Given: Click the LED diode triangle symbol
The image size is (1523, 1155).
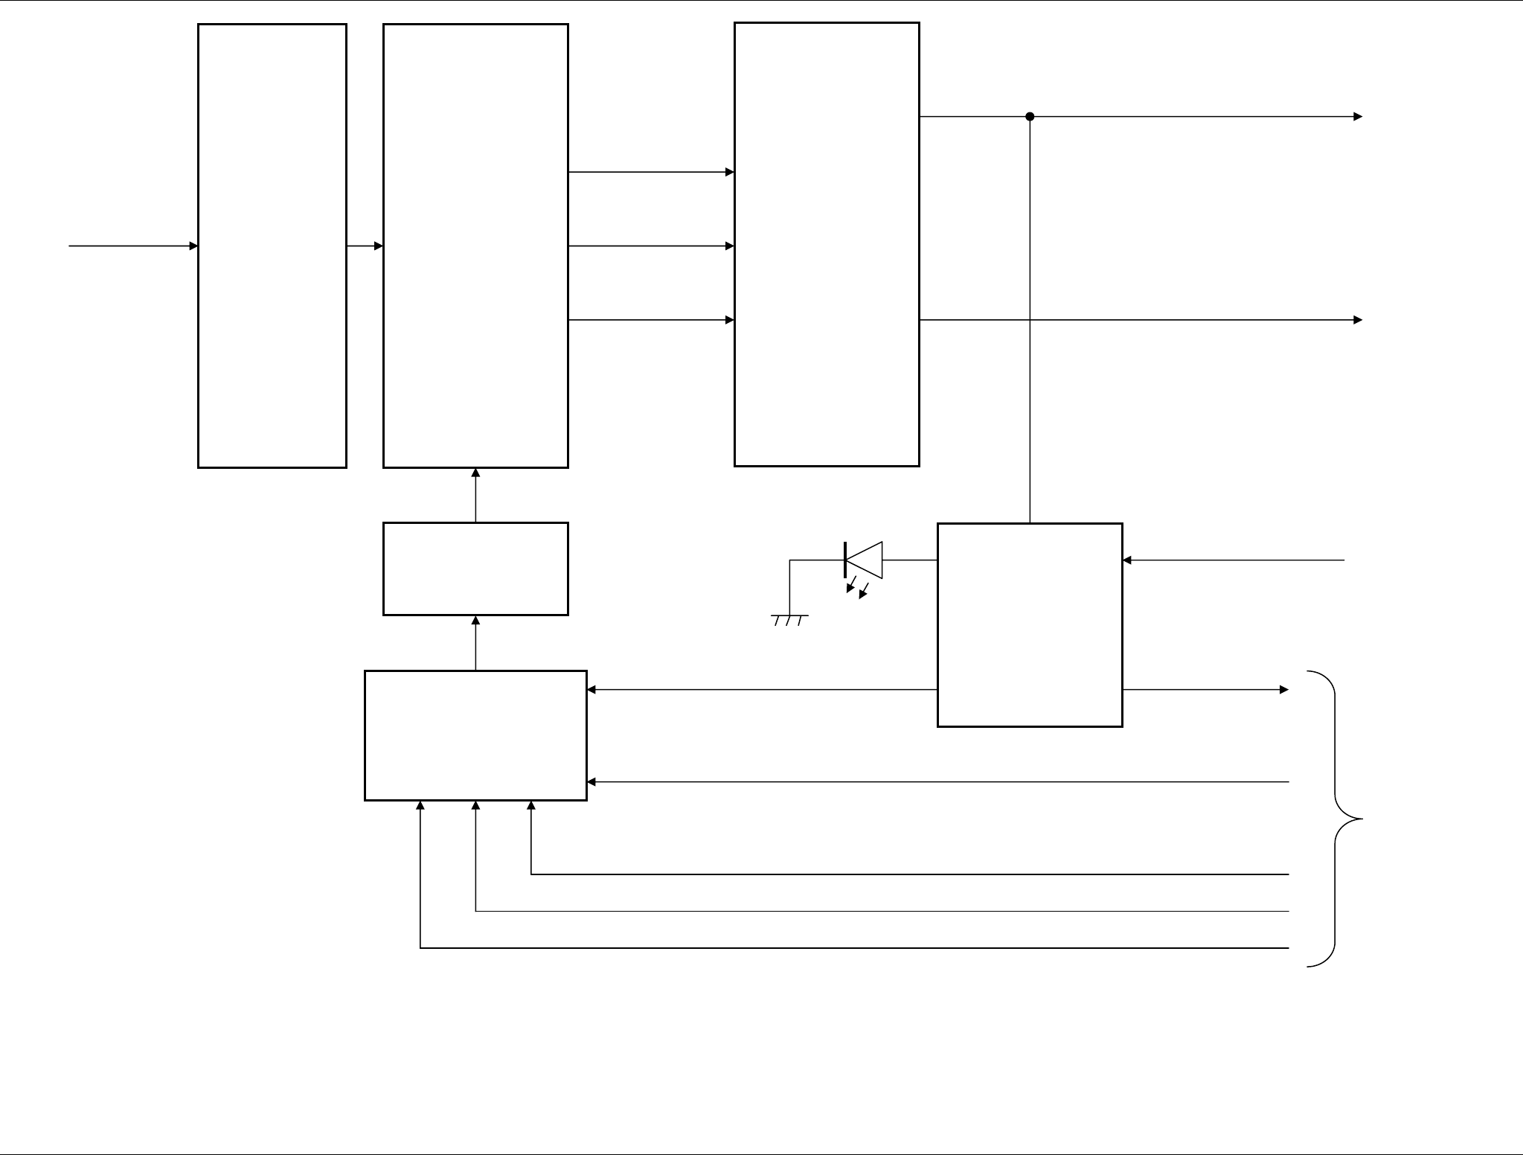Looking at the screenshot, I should tap(865, 560).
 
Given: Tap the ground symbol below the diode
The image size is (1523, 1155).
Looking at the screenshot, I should tap(789, 619).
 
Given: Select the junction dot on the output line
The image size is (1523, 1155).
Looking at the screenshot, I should tap(1030, 117).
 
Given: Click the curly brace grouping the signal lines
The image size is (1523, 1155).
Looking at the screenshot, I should tap(1336, 819).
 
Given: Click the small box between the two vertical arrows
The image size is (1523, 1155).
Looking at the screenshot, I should tap(475, 569).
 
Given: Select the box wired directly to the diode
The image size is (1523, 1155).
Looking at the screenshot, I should tap(1030, 625).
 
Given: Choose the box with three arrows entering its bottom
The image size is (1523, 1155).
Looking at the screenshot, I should tap(475, 735).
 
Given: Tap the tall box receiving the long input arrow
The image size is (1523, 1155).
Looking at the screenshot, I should tap(272, 246).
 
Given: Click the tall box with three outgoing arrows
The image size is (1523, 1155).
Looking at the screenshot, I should tap(475, 246).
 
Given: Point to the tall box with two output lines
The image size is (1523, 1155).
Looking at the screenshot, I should tap(827, 244).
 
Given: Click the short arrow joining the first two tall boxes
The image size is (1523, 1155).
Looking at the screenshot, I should tap(365, 246).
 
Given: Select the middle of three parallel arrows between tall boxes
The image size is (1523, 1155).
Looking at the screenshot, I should tap(651, 246).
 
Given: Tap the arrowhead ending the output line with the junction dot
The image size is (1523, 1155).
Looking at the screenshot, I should tap(1358, 117).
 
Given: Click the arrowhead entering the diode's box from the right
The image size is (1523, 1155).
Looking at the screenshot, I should tap(1127, 560).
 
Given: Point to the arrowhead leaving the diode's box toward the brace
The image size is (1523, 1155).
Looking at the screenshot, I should tap(1283, 690).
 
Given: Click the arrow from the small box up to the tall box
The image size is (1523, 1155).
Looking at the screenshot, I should tap(475, 495).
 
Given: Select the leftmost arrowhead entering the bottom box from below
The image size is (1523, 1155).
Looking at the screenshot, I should tap(420, 805).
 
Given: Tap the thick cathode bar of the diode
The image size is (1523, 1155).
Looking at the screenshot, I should tap(846, 560).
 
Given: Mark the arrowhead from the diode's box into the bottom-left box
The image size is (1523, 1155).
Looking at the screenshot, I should tap(592, 690).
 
